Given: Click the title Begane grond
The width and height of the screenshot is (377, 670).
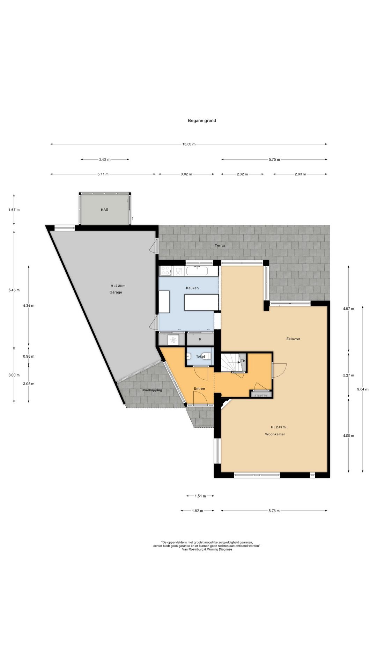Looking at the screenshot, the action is [202, 121].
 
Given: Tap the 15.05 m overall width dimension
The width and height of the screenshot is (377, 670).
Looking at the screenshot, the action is [189, 144].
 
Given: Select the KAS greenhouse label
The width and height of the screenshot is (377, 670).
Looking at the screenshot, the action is [104, 210].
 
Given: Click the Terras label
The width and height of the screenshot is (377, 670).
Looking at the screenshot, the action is [220, 245].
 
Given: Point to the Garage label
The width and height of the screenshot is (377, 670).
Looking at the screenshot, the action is [116, 292].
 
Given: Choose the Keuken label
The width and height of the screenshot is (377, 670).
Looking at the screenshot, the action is [192, 288].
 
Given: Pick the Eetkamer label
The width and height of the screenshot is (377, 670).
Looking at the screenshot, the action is [293, 339].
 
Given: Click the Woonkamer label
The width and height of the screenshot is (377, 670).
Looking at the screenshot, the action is [275, 434].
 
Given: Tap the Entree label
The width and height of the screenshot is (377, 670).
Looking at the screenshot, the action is [199, 388].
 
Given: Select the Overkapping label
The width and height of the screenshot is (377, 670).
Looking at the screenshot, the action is [151, 390].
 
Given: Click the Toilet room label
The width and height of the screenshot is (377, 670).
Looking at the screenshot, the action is [200, 356].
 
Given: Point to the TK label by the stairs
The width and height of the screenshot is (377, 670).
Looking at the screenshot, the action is [243, 361].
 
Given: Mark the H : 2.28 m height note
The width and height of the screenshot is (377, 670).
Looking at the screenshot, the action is [116, 286].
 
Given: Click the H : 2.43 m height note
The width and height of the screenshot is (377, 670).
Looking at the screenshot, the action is [278, 427].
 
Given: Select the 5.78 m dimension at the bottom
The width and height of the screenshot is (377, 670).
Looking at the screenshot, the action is [274, 511].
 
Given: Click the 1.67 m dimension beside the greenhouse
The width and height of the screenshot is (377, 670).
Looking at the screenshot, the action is [14, 210].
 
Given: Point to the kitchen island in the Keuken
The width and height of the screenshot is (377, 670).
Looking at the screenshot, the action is [201, 302].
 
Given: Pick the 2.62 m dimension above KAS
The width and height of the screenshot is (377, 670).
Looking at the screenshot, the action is [105, 159].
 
